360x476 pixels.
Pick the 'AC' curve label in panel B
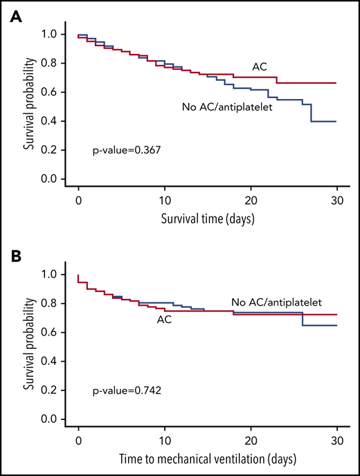pyautogui.click(x=164, y=320)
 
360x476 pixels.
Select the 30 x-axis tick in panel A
pyautogui.click(x=336, y=199)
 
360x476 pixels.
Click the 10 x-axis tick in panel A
pyautogui.click(x=165, y=199)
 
